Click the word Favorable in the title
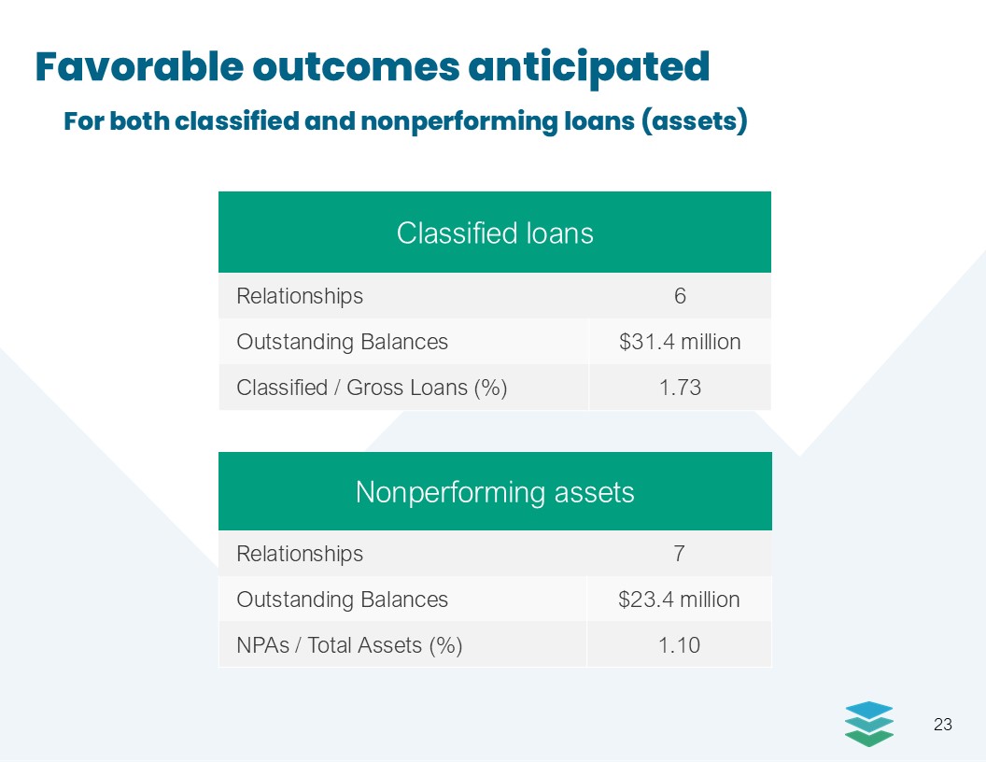coord(140,66)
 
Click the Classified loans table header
coord(495,233)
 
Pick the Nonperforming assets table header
coord(495,491)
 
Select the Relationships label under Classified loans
coord(300,296)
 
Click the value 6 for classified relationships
coord(680,295)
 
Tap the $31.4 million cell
coord(680,342)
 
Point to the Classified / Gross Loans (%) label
coord(372,388)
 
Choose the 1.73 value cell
coord(680,388)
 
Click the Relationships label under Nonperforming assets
coord(300,554)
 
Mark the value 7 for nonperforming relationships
coord(679,553)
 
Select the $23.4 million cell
coord(679,600)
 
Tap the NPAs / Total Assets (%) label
coord(349,645)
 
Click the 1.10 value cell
coord(679,645)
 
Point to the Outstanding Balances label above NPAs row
coord(342,600)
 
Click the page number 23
coord(943,725)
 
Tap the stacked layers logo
coord(869,724)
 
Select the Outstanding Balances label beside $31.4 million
coord(342,342)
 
